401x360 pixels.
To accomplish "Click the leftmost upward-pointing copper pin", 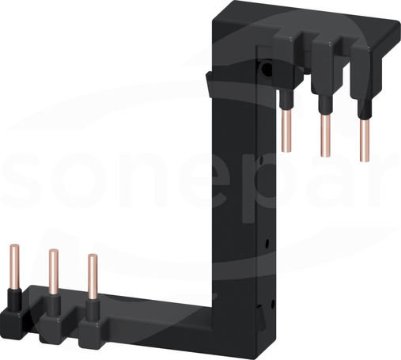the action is click(15, 267).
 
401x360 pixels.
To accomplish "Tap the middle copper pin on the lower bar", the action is click(54, 272).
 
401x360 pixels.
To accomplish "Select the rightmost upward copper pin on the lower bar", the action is click(93, 277).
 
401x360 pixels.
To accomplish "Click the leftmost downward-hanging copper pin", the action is click(286, 131).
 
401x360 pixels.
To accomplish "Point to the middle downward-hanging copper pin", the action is click(326, 136).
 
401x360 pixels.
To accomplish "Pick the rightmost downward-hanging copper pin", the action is click(365, 140).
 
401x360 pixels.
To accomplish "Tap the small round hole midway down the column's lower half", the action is click(267, 243).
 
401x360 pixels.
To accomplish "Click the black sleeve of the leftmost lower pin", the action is click(14, 300).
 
